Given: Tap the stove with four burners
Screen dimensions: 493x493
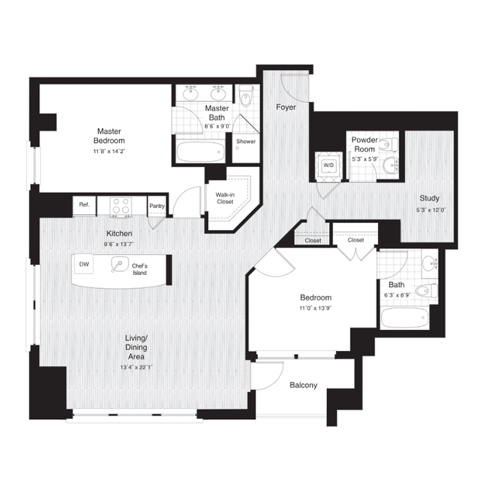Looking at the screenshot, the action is click(121, 207).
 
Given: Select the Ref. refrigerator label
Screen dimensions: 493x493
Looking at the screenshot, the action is click(84, 205).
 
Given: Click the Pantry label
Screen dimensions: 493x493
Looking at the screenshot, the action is click(157, 206).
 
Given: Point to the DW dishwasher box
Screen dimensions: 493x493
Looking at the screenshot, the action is click(84, 264).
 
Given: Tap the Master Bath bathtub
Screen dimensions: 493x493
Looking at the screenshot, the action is click(200, 152).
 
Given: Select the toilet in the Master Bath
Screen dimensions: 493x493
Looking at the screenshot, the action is click(245, 96).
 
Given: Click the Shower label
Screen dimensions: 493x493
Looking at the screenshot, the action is click(246, 141).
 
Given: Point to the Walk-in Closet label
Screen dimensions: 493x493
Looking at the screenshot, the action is click(225, 198).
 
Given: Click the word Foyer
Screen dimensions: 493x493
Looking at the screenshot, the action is click(286, 107).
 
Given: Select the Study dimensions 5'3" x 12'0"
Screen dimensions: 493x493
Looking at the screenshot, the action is click(431, 210).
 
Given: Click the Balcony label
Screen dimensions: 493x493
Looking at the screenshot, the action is click(303, 385).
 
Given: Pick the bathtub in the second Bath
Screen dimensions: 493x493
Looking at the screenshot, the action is click(405, 318).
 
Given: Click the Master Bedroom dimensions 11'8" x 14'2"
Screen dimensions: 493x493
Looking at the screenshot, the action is click(109, 151).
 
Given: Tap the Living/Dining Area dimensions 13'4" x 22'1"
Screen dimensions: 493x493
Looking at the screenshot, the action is click(136, 367).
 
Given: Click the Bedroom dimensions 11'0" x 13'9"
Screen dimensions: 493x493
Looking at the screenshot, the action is click(316, 308).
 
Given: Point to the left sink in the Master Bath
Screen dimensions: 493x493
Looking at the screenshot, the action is click(190, 92).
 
